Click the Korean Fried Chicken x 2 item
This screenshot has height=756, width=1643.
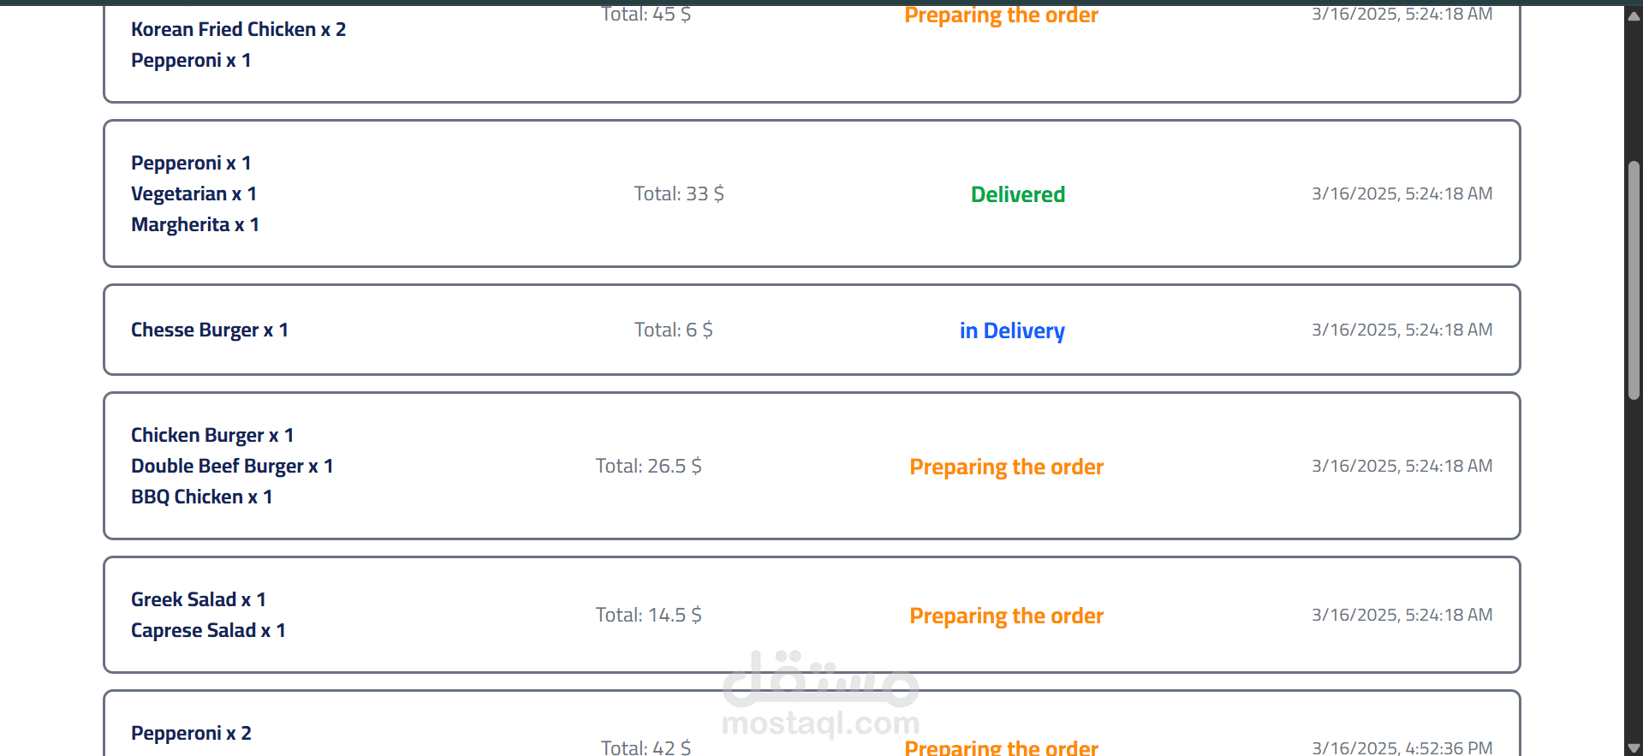[238, 29]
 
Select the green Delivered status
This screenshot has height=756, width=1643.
[1018, 194]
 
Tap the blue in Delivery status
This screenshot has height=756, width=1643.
[1012, 330]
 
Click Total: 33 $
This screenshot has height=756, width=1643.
[679, 193]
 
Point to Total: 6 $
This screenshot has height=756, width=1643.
[674, 330]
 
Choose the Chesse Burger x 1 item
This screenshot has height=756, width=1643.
[210, 330]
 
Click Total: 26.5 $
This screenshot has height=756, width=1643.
[649, 466]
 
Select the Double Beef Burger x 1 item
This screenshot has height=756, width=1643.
[232, 466]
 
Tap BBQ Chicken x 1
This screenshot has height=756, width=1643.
[202, 497]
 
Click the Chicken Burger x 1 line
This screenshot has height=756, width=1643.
[212, 435]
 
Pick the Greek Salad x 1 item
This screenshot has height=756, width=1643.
[199, 599]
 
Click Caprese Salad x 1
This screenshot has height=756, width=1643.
[208, 630]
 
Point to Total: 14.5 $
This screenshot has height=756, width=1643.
[649, 615]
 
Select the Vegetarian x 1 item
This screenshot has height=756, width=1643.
[193, 193]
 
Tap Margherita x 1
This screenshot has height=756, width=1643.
[195, 224]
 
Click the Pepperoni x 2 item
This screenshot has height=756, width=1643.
[191, 733]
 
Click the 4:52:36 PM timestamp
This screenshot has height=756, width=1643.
[1402, 747]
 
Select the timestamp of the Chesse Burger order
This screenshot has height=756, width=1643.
[1402, 330]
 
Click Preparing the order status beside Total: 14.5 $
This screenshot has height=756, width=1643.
[1007, 616]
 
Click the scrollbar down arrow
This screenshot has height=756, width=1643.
[1634, 747]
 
